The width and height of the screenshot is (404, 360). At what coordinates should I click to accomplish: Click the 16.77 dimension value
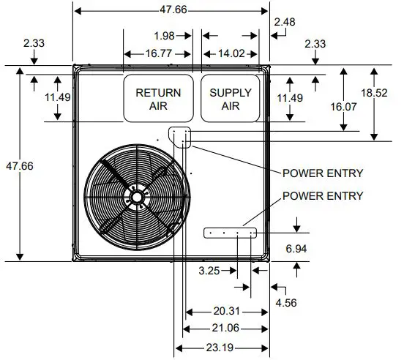[155, 53]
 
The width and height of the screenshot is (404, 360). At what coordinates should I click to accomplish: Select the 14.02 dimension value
[231, 53]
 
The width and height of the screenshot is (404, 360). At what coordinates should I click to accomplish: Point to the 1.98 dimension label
[165, 34]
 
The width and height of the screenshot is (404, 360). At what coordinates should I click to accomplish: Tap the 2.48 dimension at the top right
[286, 23]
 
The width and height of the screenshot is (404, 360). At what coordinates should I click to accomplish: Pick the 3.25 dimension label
[209, 271]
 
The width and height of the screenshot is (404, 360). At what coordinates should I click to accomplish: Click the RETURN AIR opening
[158, 99]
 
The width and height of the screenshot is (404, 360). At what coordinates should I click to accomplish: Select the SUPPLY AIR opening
[231, 99]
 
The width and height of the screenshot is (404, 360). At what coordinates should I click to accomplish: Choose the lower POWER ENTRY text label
[323, 195]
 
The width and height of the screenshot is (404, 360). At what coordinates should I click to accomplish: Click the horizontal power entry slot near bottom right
[230, 233]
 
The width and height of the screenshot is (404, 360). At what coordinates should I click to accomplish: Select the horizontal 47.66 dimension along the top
[172, 10]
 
